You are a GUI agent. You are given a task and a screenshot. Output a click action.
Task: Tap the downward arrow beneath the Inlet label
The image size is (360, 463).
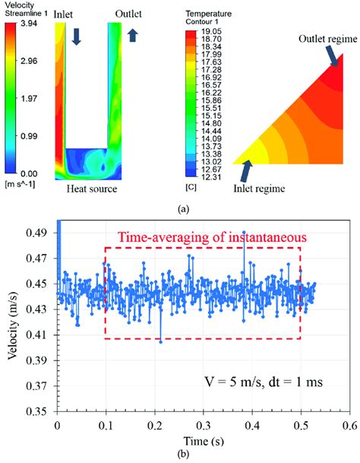tap(76, 36)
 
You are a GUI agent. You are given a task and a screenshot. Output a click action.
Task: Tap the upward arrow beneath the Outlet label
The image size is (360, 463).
tap(132, 36)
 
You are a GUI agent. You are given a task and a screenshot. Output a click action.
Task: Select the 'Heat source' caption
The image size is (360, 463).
tap(92, 189)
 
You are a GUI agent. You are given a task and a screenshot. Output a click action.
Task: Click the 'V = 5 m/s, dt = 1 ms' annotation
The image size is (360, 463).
tap(266, 382)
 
